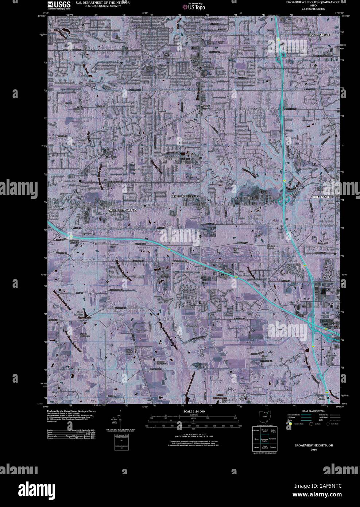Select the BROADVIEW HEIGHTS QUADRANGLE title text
pos(314,2)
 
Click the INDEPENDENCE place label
pos(320,35)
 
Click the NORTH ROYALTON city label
pos(122,211)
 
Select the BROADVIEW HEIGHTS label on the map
pos(185,196)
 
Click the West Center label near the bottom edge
pos(243,398)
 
